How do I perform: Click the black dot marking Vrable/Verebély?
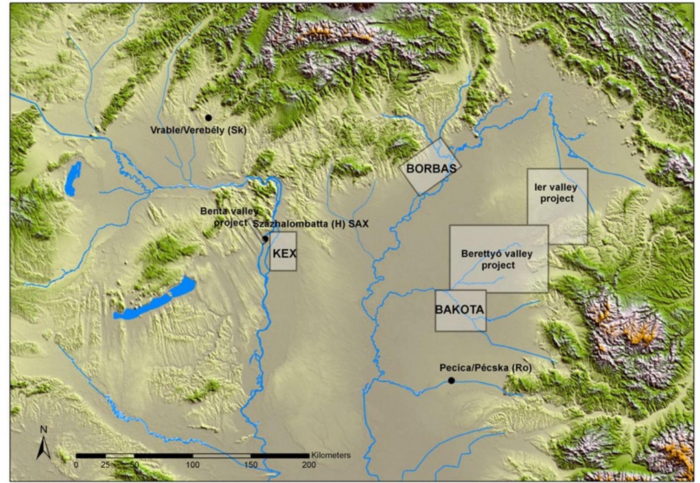[208, 118]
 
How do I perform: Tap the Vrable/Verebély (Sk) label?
[198, 130]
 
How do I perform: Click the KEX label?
[285, 253]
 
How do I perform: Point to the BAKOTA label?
[459, 310]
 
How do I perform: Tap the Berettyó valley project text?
[497, 259]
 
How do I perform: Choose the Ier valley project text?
[556, 193]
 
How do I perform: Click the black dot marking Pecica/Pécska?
[451, 380]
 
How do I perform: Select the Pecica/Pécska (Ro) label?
[486, 368]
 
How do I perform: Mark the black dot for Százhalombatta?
[265, 239]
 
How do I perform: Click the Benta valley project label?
[230, 217]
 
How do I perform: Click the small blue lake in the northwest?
[73, 179]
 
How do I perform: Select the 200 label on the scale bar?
[309, 465]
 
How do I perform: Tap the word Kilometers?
[331, 455]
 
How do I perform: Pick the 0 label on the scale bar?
[76, 465]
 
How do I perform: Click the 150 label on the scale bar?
[251, 465]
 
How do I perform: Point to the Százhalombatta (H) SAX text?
[310, 224]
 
